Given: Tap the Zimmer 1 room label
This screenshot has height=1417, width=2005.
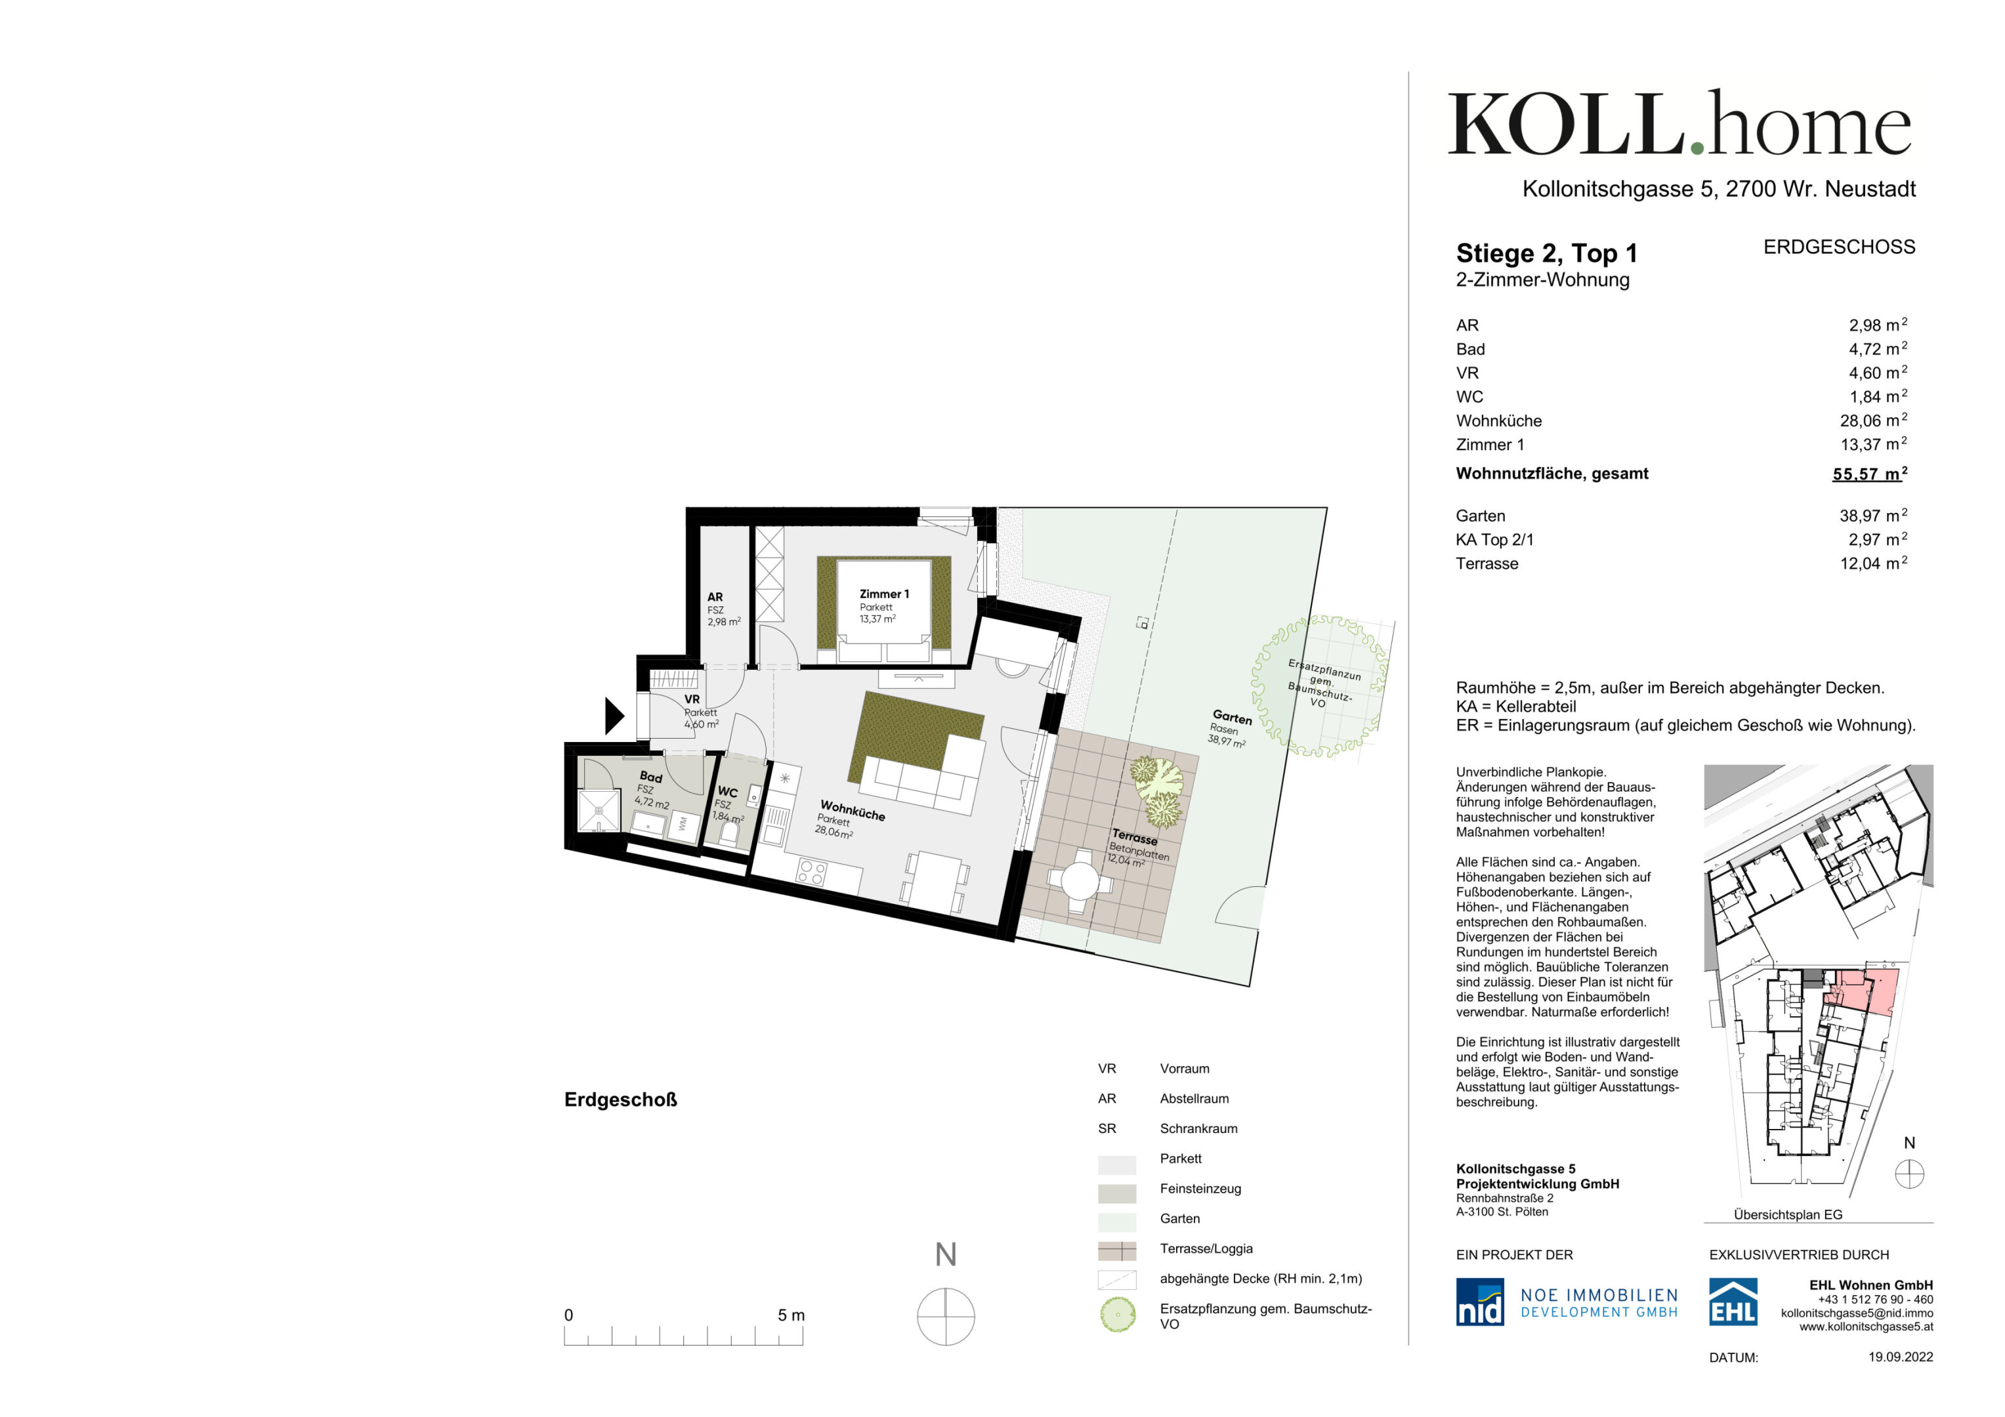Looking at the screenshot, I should point(884,594).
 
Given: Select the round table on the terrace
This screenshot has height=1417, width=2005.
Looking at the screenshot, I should point(1080,882).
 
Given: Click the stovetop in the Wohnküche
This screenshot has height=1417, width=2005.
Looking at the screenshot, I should point(811,871).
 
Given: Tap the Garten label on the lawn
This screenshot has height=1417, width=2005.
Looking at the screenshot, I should point(1232,718).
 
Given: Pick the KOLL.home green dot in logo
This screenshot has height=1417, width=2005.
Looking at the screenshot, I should point(1697,150).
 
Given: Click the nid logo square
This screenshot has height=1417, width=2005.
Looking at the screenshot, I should point(1479,1302).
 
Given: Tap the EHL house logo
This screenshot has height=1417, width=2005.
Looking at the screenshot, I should point(1733,1302).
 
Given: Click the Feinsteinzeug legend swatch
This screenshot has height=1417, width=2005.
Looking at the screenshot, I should point(1117,1193).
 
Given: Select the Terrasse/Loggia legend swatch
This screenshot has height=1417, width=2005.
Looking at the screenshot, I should point(1117,1252).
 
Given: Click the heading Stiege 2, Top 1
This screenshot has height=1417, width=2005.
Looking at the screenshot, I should point(1546,254).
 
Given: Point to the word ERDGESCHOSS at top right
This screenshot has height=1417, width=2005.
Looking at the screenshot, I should point(1839,248).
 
